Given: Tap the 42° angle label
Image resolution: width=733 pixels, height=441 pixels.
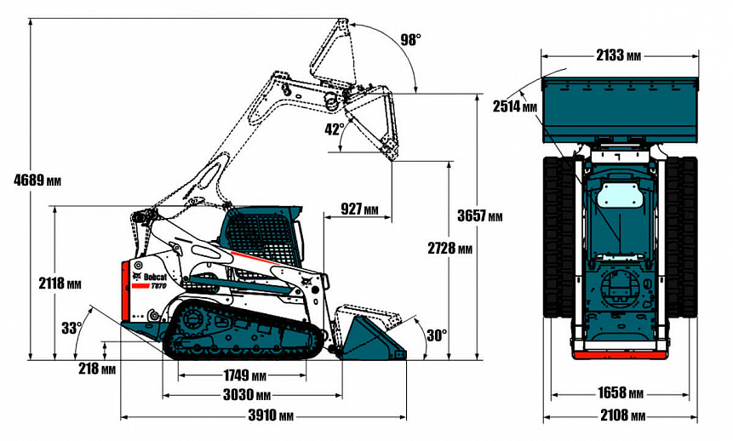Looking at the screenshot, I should coord(334,129).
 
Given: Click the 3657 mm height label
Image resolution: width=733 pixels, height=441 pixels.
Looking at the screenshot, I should coord(479,216).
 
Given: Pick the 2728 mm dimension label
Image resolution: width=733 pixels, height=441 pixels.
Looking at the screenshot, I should coord(449,249).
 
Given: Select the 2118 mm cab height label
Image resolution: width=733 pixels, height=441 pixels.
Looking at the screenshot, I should coord(60,283).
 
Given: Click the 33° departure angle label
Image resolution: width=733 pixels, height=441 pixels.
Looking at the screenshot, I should coord(72,326).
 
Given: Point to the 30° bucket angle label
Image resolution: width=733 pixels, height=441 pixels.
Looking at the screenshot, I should coord(436,335).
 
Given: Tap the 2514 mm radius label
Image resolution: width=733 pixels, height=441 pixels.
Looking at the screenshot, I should coord(515,106).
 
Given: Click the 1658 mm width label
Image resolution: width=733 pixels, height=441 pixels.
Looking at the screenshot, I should coord(619,393).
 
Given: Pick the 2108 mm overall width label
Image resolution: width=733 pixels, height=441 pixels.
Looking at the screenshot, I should coord(619,415).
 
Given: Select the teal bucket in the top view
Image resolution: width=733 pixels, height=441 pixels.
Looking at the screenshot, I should coord(621,106).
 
